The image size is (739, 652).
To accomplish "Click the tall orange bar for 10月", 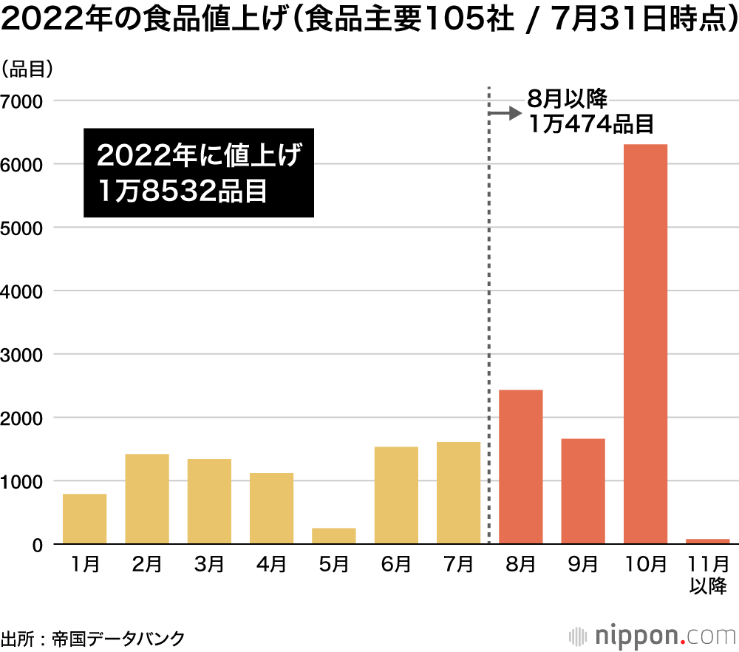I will tap(645, 344).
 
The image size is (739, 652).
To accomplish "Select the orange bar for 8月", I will tap(521, 466).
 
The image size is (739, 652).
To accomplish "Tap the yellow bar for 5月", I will tap(333, 536).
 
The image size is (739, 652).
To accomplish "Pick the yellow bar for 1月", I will tap(84, 519).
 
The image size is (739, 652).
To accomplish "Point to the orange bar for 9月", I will tap(583, 492).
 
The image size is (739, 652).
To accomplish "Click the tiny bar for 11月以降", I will tap(708, 542).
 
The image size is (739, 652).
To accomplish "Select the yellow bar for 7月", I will tap(458, 493).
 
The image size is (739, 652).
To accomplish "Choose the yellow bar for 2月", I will tap(147, 499).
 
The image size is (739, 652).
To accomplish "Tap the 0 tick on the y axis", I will tap(37, 545).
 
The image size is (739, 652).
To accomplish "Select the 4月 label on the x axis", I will tap(271, 565).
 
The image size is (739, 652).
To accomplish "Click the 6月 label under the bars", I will tap(396, 565).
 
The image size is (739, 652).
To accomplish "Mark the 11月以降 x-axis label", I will tap(708, 574).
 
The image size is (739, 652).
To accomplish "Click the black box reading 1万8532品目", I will tap(199, 174).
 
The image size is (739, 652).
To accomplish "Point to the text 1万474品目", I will tap(591, 123).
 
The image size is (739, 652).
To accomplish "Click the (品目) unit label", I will tap(27, 70).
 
